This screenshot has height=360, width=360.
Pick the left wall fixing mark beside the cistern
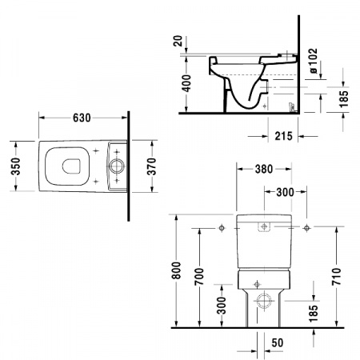(x=219, y=230)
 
